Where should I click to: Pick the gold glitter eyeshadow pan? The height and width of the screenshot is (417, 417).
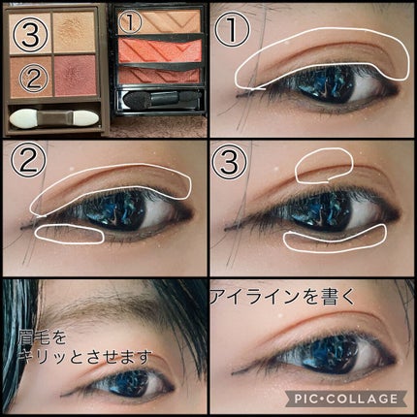[74, 32]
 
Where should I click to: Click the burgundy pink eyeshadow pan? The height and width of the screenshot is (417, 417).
[76, 76]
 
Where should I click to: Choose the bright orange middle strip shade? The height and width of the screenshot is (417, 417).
[160, 50]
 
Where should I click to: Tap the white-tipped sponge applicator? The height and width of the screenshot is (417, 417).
[54, 118]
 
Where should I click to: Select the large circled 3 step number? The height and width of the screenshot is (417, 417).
[229, 162]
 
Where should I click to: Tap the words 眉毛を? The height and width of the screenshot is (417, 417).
[42, 337]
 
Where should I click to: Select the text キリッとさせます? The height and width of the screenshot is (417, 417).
[84, 357]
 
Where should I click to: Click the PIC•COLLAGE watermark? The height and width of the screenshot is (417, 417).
[346, 399]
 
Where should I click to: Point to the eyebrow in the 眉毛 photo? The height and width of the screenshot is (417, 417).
[107, 305]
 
